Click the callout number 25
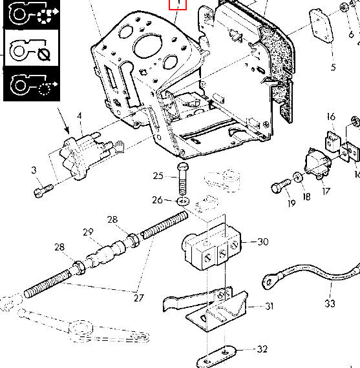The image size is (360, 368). click(x=158, y=176)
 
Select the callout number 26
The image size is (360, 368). click(x=157, y=200)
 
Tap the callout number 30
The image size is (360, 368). click(x=263, y=241)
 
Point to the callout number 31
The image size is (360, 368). click(x=270, y=306)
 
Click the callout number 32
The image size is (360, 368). click(x=262, y=349)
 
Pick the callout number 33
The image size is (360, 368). click(x=330, y=303)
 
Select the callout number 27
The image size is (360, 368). click(x=139, y=298)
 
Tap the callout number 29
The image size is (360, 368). click(x=88, y=232)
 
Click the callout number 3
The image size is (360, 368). click(x=34, y=170)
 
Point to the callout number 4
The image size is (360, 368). click(x=79, y=116)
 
